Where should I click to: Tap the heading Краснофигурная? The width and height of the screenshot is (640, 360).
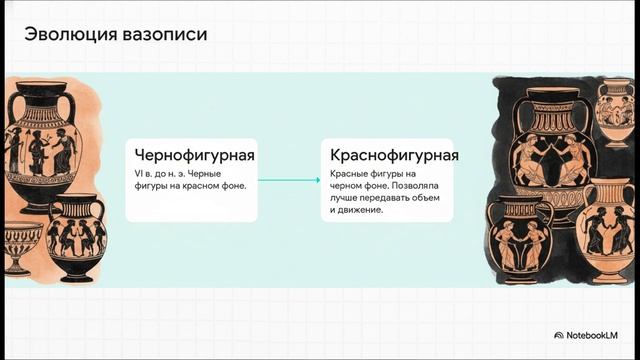395,156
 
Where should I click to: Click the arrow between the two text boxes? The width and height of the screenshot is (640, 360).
289,180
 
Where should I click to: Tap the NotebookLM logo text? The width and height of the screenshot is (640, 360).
599,335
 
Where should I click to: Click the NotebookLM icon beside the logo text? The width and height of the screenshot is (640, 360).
559,335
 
